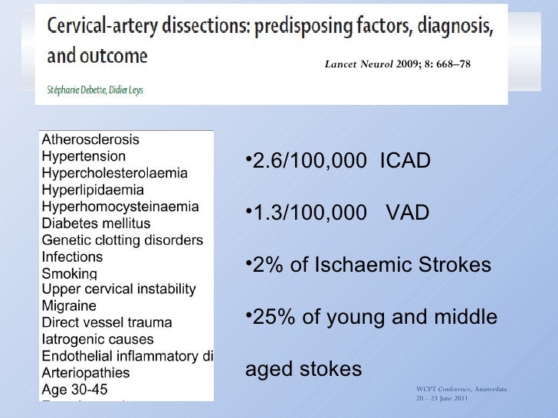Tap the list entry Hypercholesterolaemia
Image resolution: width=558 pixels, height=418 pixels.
[114, 173]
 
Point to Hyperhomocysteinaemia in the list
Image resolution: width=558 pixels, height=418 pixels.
[120, 207]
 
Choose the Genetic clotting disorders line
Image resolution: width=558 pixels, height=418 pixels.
[123, 240]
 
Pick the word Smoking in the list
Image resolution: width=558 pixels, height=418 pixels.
[69, 273]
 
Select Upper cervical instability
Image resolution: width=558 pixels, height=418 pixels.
[119, 289]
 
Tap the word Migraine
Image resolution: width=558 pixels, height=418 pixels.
[68, 306]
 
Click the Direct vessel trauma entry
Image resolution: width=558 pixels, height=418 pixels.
[107, 323]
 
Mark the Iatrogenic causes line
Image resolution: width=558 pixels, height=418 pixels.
[97, 339]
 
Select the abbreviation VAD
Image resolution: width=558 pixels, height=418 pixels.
[407, 214]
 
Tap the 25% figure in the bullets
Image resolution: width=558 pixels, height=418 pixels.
[268, 318]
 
